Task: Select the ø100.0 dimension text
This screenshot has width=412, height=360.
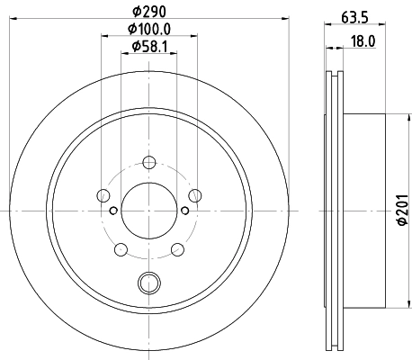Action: (x=148, y=30)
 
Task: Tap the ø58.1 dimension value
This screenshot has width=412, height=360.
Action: (x=148, y=47)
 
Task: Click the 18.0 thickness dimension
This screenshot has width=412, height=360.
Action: (x=362, y=40)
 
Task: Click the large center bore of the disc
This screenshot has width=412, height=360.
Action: (x=148, y=210)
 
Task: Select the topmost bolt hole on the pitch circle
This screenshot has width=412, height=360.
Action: (x=148, y=162)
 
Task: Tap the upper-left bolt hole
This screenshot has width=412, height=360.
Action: (x=103, y=195)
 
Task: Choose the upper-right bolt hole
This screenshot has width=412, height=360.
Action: (x=194, y=195)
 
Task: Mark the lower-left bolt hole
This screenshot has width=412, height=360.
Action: (x=121, y=249)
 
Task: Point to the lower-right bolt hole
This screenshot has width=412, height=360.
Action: (x=177, y=249)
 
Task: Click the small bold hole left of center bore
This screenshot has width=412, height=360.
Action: (x=112, y=211)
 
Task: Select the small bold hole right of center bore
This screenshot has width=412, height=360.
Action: (x=185, y=211)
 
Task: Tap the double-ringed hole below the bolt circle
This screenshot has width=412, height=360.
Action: (x=148, y=283)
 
